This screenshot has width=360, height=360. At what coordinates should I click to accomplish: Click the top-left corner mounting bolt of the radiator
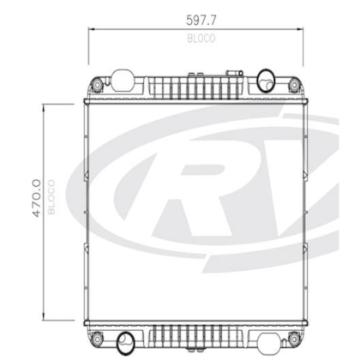[97, 87]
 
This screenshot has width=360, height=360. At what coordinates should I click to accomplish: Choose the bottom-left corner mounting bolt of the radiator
[97, 330]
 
